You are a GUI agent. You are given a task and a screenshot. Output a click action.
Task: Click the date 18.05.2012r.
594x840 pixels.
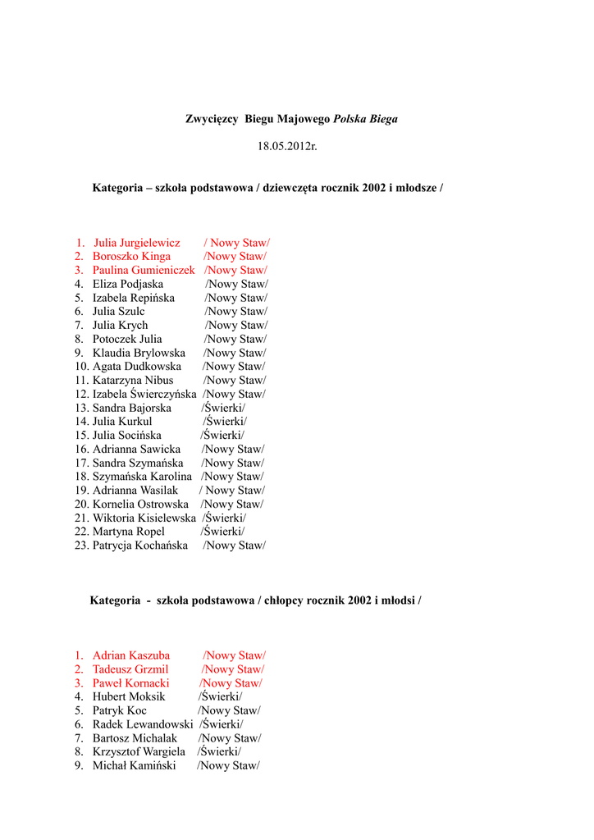(287, 146)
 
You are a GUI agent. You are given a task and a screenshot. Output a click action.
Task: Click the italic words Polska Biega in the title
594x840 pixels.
(365, 119)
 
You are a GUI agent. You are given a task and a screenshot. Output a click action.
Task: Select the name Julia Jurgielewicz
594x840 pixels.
(137, 243)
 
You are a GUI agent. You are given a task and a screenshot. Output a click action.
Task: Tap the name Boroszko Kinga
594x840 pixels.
(131, 257)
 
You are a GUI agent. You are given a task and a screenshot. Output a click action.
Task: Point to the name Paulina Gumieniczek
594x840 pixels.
(144, 270)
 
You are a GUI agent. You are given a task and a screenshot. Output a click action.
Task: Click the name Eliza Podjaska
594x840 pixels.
(127, 284)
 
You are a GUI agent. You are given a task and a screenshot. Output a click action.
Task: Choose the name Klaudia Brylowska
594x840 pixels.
(139, 353)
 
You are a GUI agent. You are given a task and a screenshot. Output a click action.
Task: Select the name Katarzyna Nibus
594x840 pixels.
(133, 381)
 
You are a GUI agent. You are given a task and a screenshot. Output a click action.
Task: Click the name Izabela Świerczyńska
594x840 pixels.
(144, 395)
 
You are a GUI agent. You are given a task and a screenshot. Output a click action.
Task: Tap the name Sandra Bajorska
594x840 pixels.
(131, 408)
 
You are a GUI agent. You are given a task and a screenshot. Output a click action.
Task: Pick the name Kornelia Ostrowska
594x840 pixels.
(140, 504)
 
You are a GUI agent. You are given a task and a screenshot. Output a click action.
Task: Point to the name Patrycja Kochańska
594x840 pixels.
(139, 546)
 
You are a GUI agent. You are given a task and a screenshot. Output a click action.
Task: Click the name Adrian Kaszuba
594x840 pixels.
(131, 655)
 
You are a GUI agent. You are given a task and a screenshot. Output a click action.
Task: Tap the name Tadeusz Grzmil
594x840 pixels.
(130, 669)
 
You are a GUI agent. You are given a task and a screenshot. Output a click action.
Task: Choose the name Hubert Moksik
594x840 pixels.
(129, 697)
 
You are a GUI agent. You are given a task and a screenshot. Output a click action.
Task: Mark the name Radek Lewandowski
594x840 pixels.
(143, 724)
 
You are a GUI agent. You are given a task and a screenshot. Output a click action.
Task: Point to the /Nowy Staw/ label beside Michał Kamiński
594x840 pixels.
(228, 766)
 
